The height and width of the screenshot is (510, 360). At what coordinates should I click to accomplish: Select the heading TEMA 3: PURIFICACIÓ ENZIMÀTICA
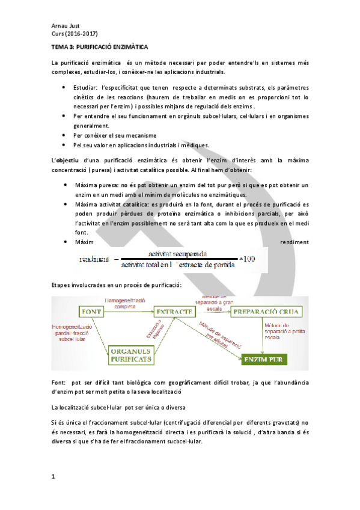pos(100,46)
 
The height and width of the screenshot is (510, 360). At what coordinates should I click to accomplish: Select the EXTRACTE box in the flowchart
pos(174,312)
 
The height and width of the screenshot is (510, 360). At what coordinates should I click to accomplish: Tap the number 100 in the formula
pos(247,259)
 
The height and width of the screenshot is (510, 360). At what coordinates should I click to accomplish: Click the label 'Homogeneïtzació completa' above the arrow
pos(126,302)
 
